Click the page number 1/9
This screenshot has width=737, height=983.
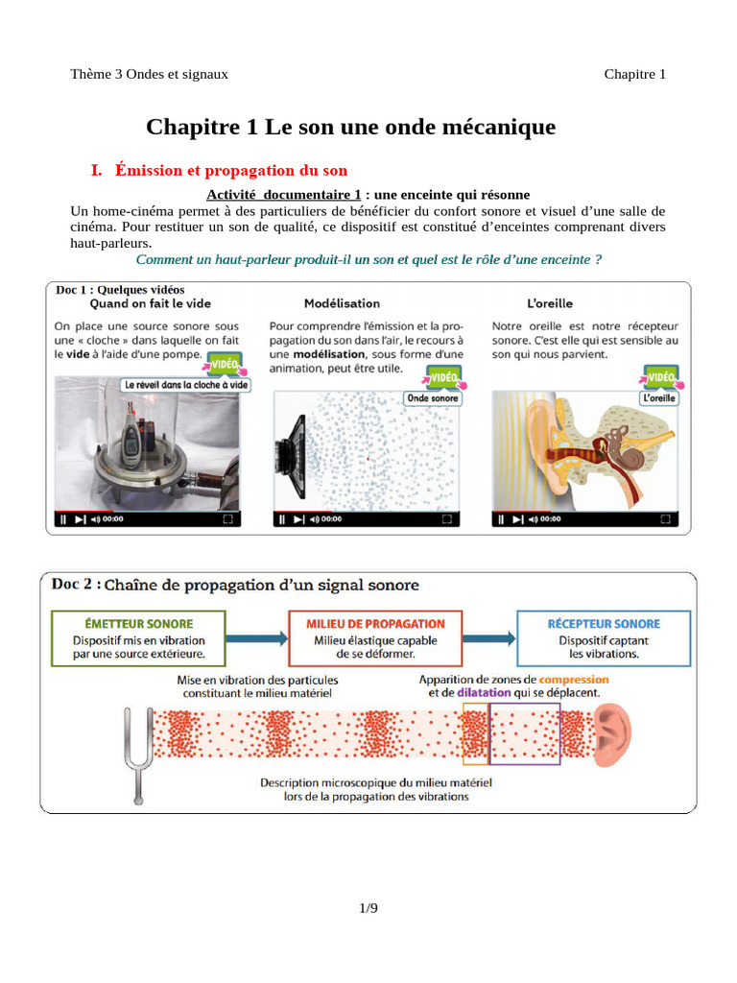click(x=368, y=908)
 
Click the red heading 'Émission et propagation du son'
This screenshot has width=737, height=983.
click(x=231, y=171)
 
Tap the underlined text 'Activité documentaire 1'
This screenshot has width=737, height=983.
click(x=284, y=195)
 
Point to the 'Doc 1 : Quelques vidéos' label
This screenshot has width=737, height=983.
click(x=121, y=290)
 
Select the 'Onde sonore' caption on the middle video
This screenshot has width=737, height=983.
click(x=432, y=397)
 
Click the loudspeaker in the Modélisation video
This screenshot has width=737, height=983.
click(x=291, y=448)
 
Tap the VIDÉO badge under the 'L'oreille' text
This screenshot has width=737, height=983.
click(x=661, y=377)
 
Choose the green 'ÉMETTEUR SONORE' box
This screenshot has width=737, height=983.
click(x=138, y=639)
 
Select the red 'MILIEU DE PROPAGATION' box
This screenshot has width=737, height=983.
click(x=376, y=639)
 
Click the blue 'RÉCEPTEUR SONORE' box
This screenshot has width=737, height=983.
click(x=603, y=639)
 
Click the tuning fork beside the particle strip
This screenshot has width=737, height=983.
click(x=135, y=751)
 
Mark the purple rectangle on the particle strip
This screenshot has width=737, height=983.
click(x=525, y=733)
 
